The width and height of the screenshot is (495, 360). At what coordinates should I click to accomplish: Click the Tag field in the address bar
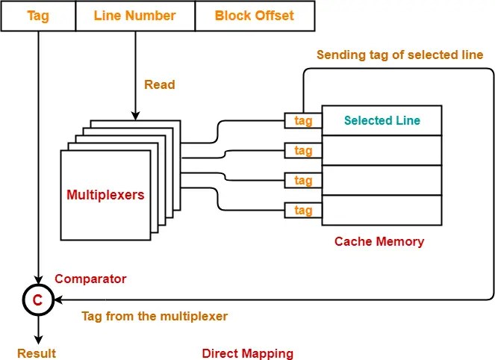click(x=38, y=16)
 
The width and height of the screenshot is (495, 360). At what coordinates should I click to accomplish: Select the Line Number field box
click(x=135, y=16)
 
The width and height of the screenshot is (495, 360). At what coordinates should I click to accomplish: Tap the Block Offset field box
click(x=254, y=16)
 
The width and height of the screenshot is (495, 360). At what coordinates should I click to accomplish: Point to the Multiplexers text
click(x=105, y=195)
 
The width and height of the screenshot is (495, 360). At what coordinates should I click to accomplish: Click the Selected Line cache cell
click(x=382, y=120)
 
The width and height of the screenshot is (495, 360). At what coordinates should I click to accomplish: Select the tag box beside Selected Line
click(x=303, y=121)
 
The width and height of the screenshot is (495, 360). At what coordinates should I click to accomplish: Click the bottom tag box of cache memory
click(x=303, y=211)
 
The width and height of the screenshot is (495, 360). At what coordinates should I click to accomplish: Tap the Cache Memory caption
click(x=379, y=241)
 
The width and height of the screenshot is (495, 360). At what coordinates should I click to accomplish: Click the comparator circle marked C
click(x=36, y=300)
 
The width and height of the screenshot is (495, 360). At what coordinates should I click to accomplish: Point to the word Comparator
click(x=91, y=279)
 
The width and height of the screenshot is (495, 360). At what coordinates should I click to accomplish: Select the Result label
click(x=36, y=353)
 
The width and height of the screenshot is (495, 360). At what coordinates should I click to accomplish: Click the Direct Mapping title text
click(x=248, y=353)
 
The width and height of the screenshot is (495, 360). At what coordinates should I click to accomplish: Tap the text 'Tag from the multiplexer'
click(x=155, y=316)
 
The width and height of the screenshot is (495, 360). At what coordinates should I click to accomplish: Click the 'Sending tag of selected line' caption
click(x=399, y=55)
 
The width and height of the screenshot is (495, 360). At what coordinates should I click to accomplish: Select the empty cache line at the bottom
click(x=382, y=210)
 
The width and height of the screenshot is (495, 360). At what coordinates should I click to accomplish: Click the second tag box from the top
click(x=303, y=151)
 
